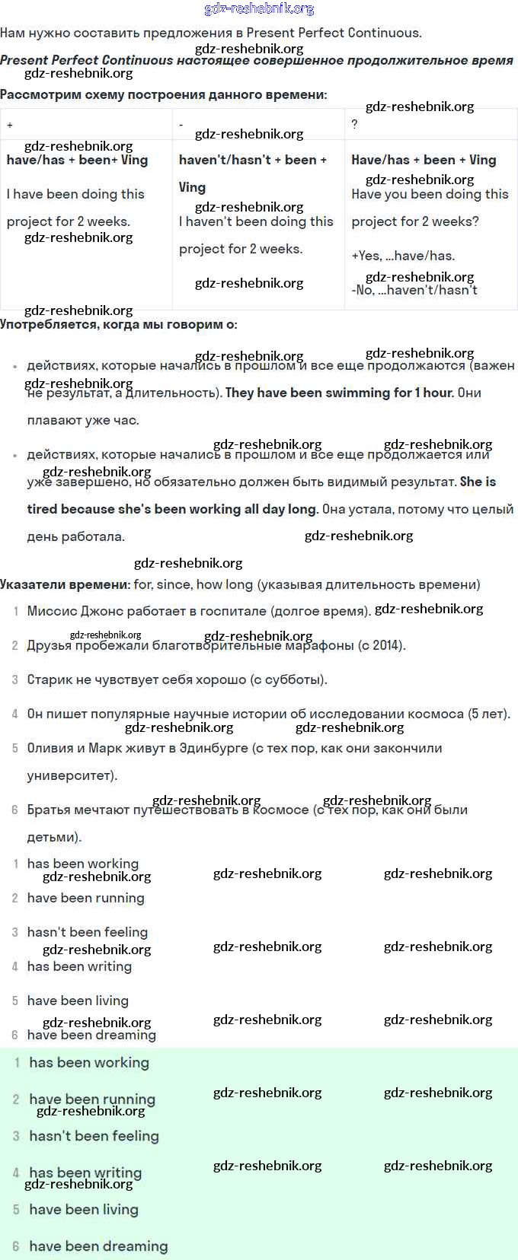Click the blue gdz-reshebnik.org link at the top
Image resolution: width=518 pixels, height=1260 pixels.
point(259,9)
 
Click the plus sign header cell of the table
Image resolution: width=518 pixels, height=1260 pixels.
point(10,125)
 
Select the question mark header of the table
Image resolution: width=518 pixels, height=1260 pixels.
point(354,124)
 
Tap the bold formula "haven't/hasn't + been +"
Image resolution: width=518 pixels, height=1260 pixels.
point(252,160)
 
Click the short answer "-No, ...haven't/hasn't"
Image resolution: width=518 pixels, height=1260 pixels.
point(414,290)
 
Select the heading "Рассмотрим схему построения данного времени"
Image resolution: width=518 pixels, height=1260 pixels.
point(163,95)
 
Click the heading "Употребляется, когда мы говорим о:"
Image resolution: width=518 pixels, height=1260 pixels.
point(118,324)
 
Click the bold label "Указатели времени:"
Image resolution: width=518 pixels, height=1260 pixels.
point(65,584)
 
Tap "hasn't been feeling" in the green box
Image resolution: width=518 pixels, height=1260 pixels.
point(94,1136)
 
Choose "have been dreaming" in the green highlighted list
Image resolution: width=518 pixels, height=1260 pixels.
point(98,1246)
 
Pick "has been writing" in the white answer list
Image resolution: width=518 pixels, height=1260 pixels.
point(79,966)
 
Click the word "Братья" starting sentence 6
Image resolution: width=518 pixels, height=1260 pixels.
point(49,810)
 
